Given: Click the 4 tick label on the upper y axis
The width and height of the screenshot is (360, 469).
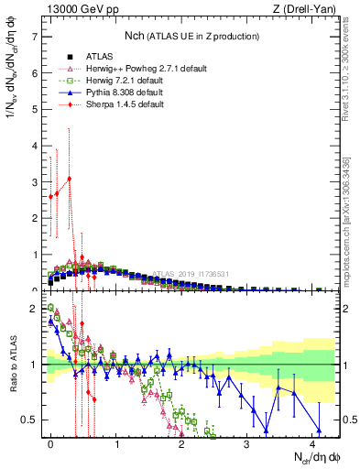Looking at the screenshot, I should point(34,146).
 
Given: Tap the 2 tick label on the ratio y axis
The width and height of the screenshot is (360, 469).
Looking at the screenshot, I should point(34,309).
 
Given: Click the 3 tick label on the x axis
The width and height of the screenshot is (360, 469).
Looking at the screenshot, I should point(247,445).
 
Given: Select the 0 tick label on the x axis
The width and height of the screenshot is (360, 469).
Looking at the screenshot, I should point(50,445).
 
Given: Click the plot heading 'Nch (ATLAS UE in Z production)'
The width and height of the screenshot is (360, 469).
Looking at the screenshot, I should point(192,36).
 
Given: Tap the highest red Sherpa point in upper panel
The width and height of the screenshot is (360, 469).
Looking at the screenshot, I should point(70,179).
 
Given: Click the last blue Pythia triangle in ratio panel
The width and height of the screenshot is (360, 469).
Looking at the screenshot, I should point(319,431).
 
